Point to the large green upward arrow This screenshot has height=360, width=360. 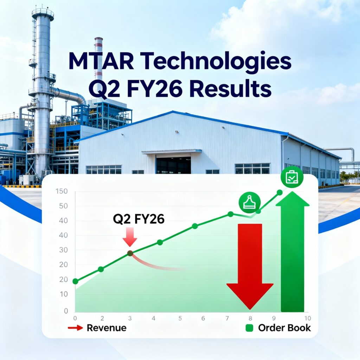tap(292, 253)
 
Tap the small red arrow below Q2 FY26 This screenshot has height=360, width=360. tap(130, 237)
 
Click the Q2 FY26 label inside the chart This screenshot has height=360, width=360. tap(139, 219)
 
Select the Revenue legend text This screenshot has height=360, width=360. tap(106, 328)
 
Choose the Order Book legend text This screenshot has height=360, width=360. tap(284, 328)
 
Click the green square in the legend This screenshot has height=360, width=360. tap(249, 328)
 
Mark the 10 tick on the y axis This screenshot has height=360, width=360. tap(63, 294)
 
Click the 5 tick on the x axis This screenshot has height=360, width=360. tap(180, 319)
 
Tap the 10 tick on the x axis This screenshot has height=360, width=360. tap(307, 319)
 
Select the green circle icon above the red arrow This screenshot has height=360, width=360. tap(250, 203)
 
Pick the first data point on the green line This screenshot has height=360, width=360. tap(75, 281)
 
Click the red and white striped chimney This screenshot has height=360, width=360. tap(99, 58)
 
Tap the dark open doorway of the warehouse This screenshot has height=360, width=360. tap(173, 165)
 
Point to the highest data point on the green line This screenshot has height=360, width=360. tap(279, 192)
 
